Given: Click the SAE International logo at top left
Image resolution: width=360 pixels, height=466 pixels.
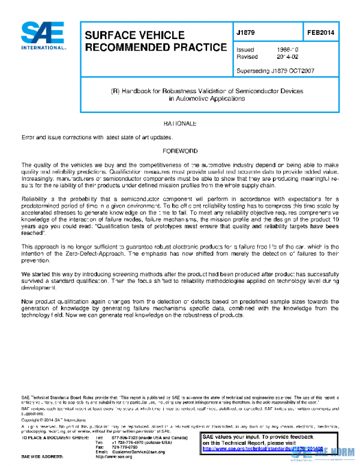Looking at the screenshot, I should pos(43,37).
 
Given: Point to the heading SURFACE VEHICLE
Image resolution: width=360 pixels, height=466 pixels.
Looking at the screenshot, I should pos(134,35).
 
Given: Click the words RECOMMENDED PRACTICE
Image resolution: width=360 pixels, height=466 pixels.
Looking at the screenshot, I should pos(155,47).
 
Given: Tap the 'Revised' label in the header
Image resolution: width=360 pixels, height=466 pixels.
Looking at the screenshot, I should pos(247,57).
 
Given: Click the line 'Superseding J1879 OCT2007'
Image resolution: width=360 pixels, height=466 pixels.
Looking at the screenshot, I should pos(275,70).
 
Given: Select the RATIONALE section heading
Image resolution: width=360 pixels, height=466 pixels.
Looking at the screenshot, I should pos(179,123).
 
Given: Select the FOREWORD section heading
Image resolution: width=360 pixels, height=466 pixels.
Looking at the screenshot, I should pos(179,151).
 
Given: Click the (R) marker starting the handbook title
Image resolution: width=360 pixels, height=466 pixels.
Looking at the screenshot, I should pos(115,91).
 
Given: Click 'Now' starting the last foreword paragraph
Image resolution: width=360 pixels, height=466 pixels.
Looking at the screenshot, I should pos(28,301).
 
